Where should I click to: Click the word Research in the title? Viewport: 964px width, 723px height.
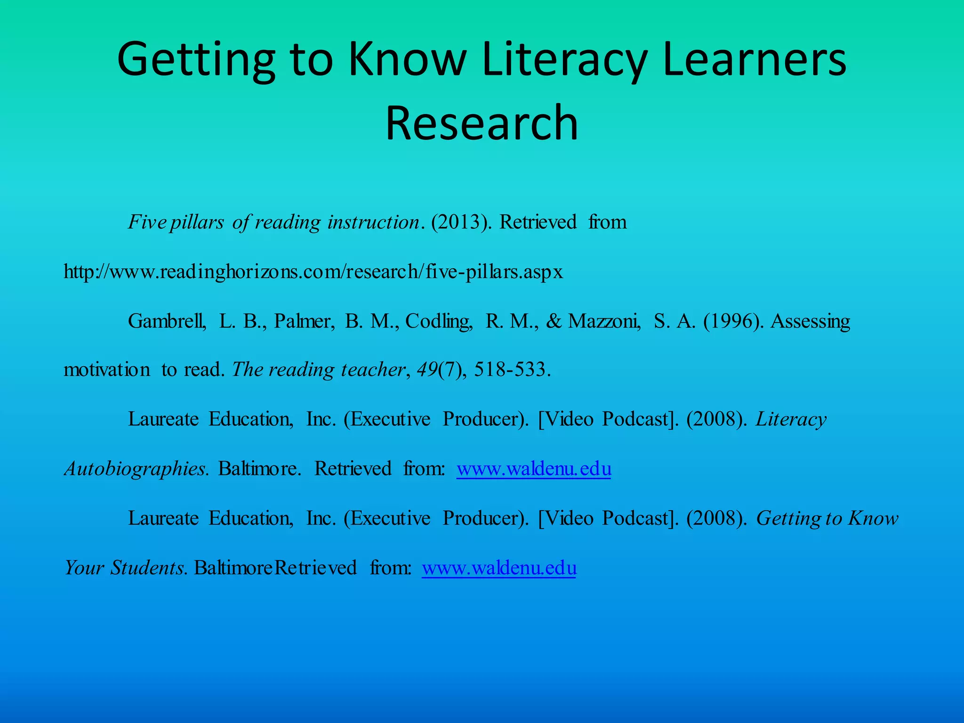[482, 123]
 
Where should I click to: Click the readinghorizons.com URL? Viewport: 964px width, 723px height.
[313, 272]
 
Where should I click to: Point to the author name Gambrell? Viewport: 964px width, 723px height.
[167, 321]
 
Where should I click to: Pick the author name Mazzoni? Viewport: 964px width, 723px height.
[604, 321]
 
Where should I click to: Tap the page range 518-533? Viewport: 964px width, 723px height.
[511, 370]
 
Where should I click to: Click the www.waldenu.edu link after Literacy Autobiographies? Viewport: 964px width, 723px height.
[534, 469]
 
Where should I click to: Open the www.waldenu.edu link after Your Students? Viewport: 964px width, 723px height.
[499, 568]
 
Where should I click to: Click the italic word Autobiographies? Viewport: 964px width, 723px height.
[136, 469]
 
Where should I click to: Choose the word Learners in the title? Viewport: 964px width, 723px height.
[754, 60]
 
